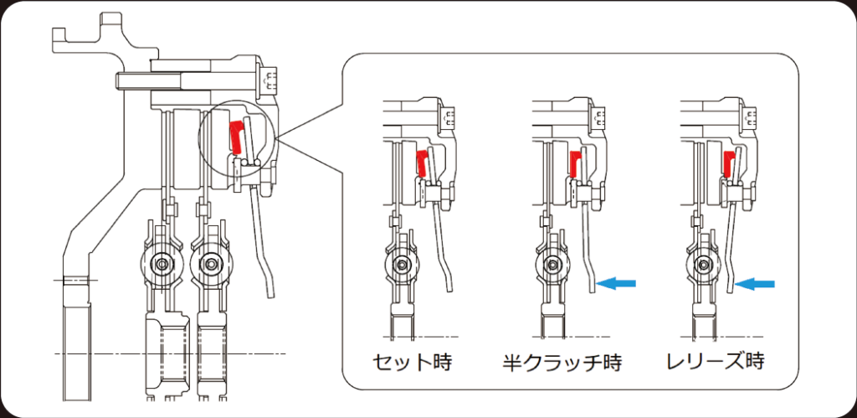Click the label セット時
(413, 362)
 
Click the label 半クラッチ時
(562, 362)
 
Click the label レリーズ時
(715, 362)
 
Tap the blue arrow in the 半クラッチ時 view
(616, 283)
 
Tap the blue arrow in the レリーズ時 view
(755, 283)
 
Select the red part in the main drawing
(235, 137)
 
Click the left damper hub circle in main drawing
(161, 263)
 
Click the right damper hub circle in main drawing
(209, 263)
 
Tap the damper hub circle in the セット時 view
(403, 265)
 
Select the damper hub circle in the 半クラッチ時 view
(552, 265)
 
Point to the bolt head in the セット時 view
(448, 116)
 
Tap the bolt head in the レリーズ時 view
(749, 116)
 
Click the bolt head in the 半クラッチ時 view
(599, 116)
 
